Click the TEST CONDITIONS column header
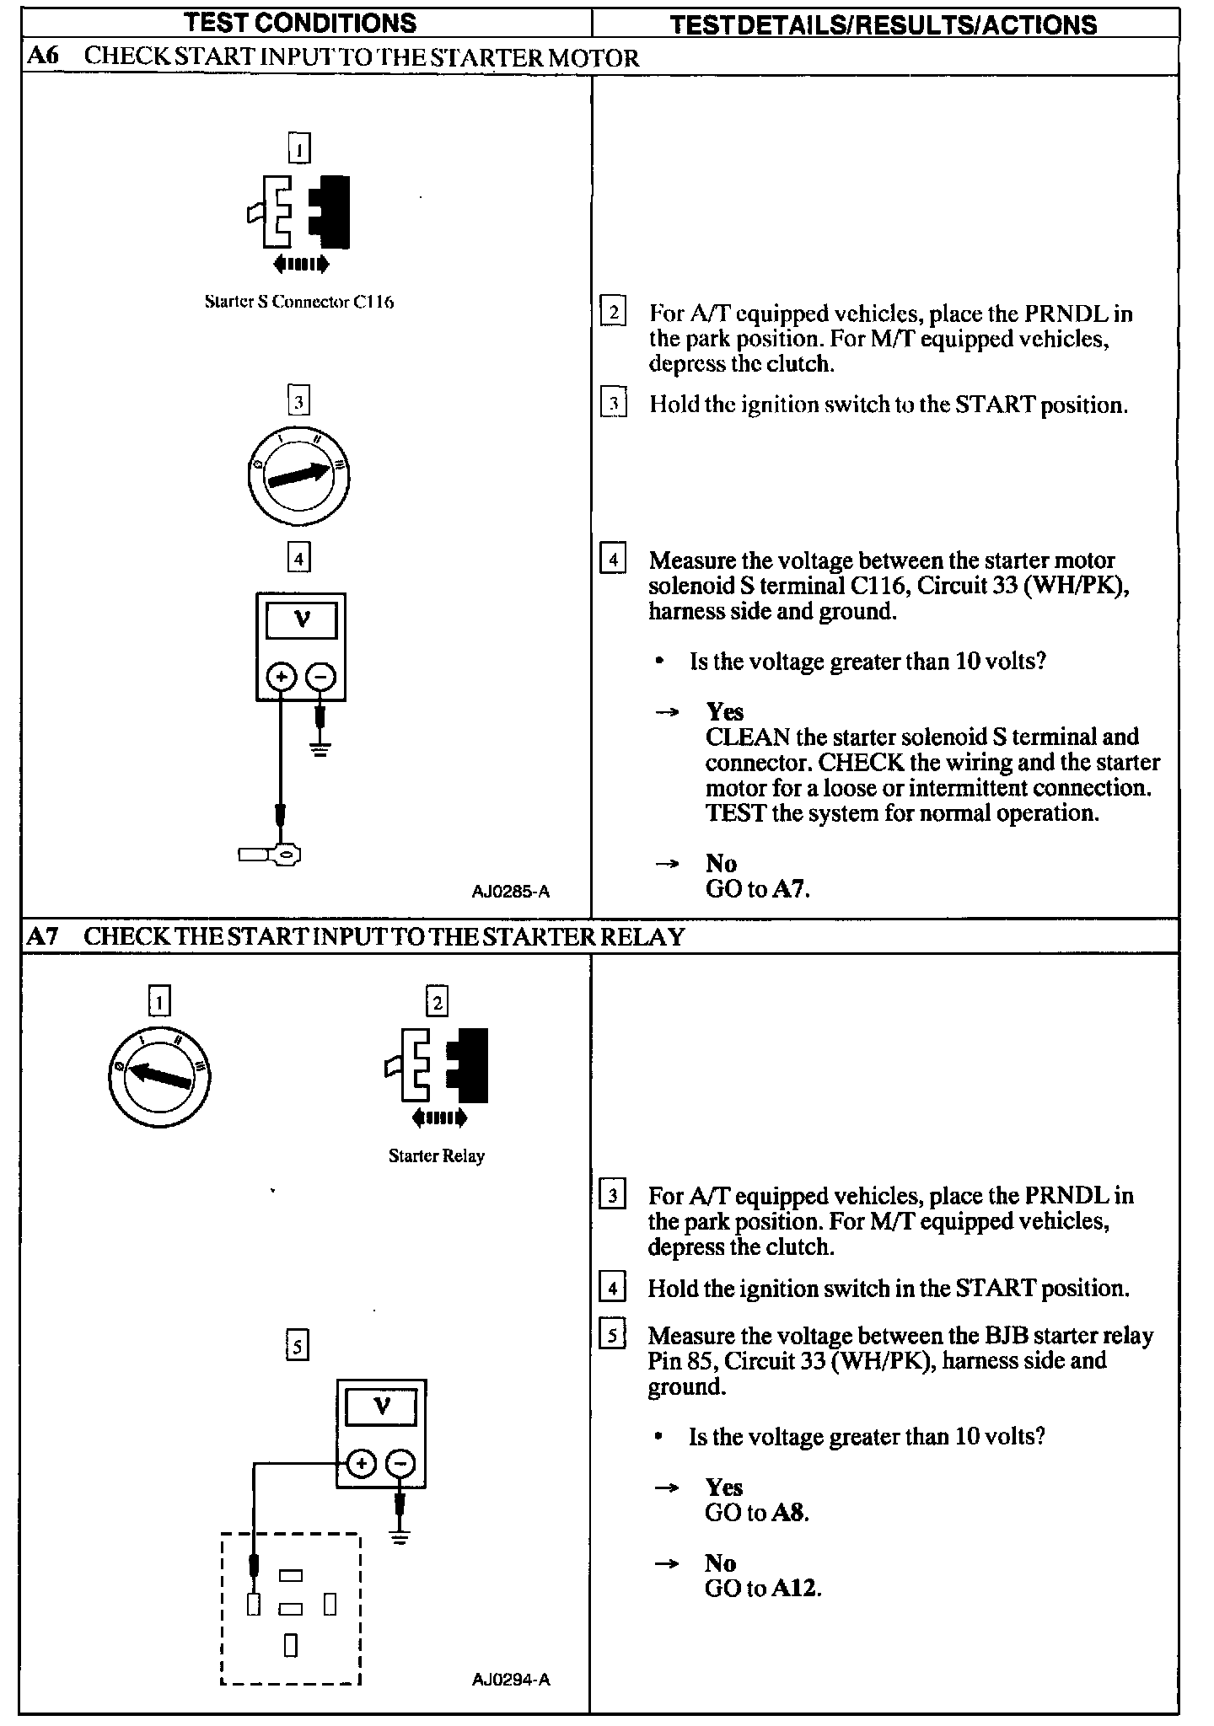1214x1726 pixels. pos(300,23)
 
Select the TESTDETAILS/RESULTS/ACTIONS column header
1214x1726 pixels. pos(884,24)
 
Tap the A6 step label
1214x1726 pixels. pos(41,57)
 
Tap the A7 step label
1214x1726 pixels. pos(41,936)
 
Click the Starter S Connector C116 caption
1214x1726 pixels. pos(299,302)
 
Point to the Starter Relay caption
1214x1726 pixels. pos(437,1155)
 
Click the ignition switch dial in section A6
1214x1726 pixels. pos(298,476)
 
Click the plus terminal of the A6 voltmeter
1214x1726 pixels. pos(282,676)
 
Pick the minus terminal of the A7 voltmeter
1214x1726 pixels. pos(400,1464)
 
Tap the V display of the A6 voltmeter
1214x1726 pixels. pos(301,621)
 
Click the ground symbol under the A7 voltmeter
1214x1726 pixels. pos(400,1536)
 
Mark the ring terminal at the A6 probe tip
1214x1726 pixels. pos(287,855)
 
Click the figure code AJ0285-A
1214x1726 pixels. pos(511,892)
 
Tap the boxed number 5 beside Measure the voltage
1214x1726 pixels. pos(612,1335)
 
